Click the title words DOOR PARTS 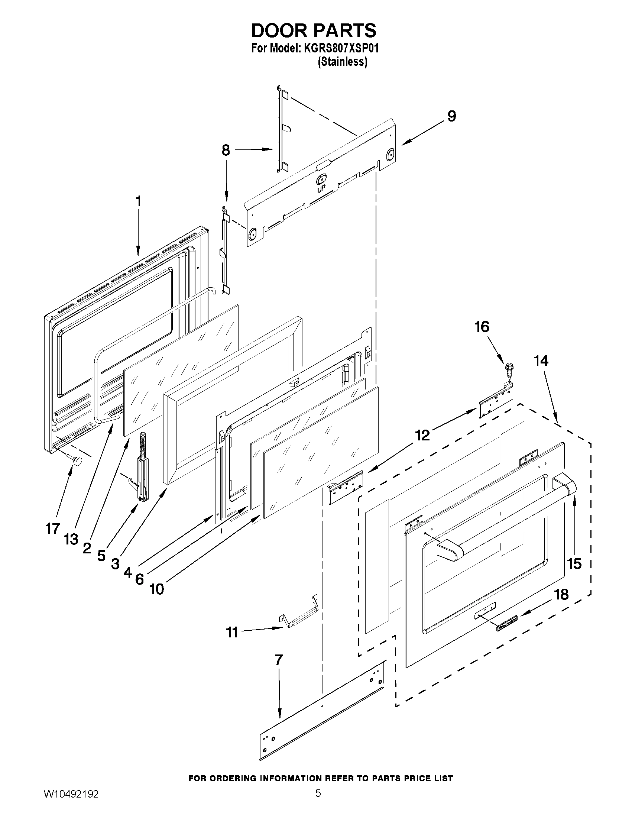(x=314, y=31)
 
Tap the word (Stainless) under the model (x=342, y=62)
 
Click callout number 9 (x=451, y=116)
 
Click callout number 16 (x=482, y=327)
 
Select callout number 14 (x=541, y=360)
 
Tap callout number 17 (x=52, y=528)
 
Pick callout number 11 (x=232, y=633)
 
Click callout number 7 (x=278, y=660)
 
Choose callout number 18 (x=562, y=594)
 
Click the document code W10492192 (x=71, y=804)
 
